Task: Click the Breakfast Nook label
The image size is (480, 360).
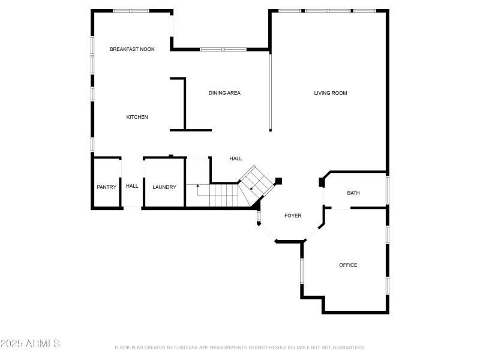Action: coord(132,49)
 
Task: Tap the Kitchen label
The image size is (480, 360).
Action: coord(137,117)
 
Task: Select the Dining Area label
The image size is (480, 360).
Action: coord(224,93)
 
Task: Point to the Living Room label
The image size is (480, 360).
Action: coord(331,93)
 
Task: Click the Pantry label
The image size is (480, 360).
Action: coord(107,187)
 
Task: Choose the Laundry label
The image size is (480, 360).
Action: coord(164,187)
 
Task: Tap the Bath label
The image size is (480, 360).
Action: coord(353,193)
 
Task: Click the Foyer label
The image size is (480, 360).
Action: coord(293,216)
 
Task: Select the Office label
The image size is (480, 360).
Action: coord(348,265)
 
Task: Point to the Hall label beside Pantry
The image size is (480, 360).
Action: coord(132,186)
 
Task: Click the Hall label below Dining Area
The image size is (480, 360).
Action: coord(236,158)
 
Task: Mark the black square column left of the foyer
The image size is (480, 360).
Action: coord(278,180)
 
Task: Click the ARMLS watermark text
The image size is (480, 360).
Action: coord(30,344)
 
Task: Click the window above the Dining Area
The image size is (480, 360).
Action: coord(222,49)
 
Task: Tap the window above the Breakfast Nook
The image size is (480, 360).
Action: coord(131,10)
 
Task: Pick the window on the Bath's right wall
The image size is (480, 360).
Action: coord(388,189)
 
